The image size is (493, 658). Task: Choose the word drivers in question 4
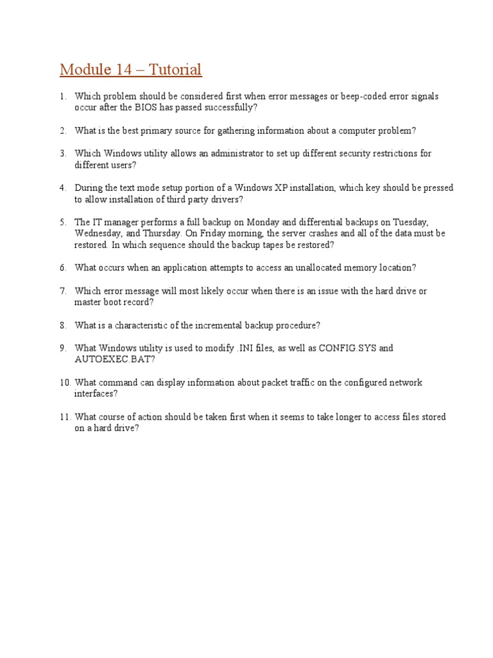click(223, 200)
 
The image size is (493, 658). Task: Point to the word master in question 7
click(88, 302)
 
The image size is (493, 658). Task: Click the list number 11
click(64, 417)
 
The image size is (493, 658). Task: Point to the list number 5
click(64, 222)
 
